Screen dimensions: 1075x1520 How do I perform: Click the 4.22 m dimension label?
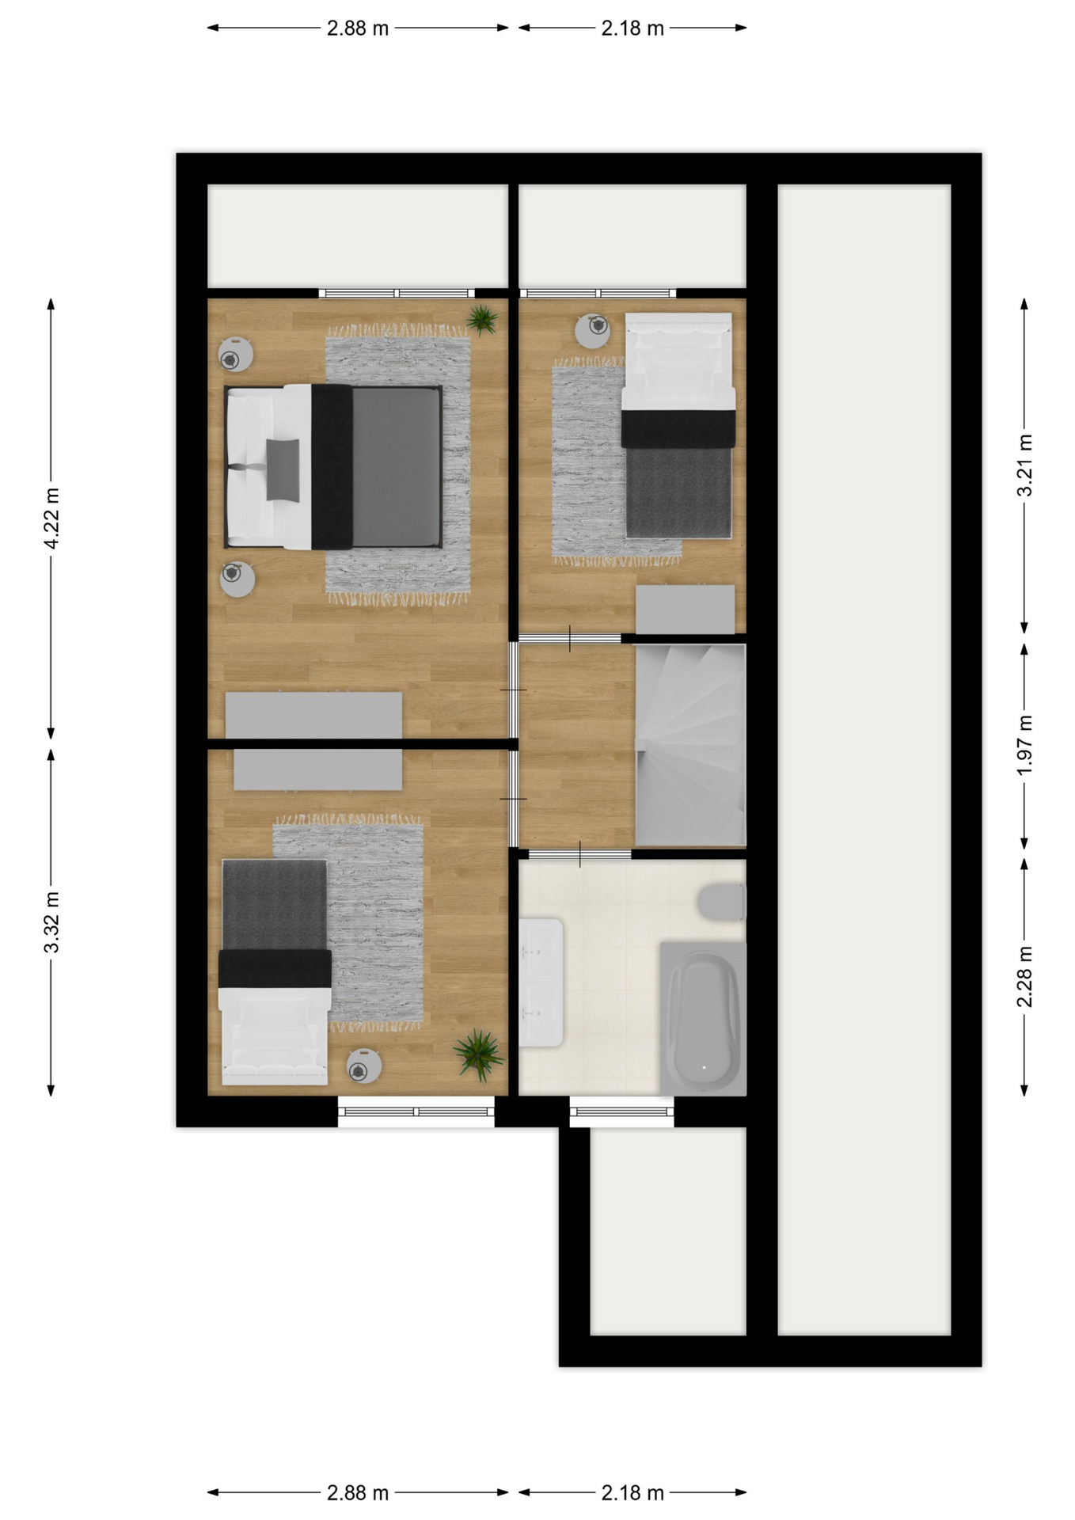(x=51, y=519)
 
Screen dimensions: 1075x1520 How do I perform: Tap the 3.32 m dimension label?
(x=51, y=922)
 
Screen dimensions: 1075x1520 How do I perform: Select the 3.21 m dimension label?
(x=1024, y=465)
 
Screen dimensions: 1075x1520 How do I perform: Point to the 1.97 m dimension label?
(x=1024, y=745)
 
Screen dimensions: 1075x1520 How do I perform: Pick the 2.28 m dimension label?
(x=1024, y=977)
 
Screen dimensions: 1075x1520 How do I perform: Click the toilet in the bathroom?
(x=722, y=902)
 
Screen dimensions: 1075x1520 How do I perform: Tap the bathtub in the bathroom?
(x=704, y=1018)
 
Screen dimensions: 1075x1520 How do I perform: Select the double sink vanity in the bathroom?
(x=541, y=982)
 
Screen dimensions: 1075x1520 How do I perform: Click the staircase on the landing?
(x=690, y=745)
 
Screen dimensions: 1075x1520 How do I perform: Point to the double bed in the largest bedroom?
(x=333, y=467)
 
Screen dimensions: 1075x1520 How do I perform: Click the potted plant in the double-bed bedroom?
(x=481, y=320)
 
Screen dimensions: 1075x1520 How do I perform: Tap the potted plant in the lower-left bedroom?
(x=479, y=1054)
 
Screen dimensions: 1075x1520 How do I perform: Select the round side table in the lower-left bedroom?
(x=364, y=1066)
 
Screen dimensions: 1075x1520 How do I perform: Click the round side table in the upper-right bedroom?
(x=592, y=331)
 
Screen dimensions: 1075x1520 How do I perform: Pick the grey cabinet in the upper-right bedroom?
(x=686, y=609)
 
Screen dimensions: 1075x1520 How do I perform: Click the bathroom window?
(x=621, y=1111)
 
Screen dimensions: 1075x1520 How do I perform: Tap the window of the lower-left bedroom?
(x=416, y=1111)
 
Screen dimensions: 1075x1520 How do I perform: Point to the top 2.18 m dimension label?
(x=632, y=28)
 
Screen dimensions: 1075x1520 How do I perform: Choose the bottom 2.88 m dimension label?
(x=358, y=1493)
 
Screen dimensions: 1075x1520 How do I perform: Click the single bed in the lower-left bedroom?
(x=275, y=972)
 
